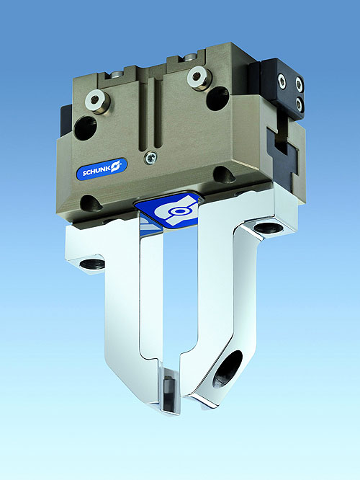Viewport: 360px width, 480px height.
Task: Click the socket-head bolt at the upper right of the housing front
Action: pos(197,77)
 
